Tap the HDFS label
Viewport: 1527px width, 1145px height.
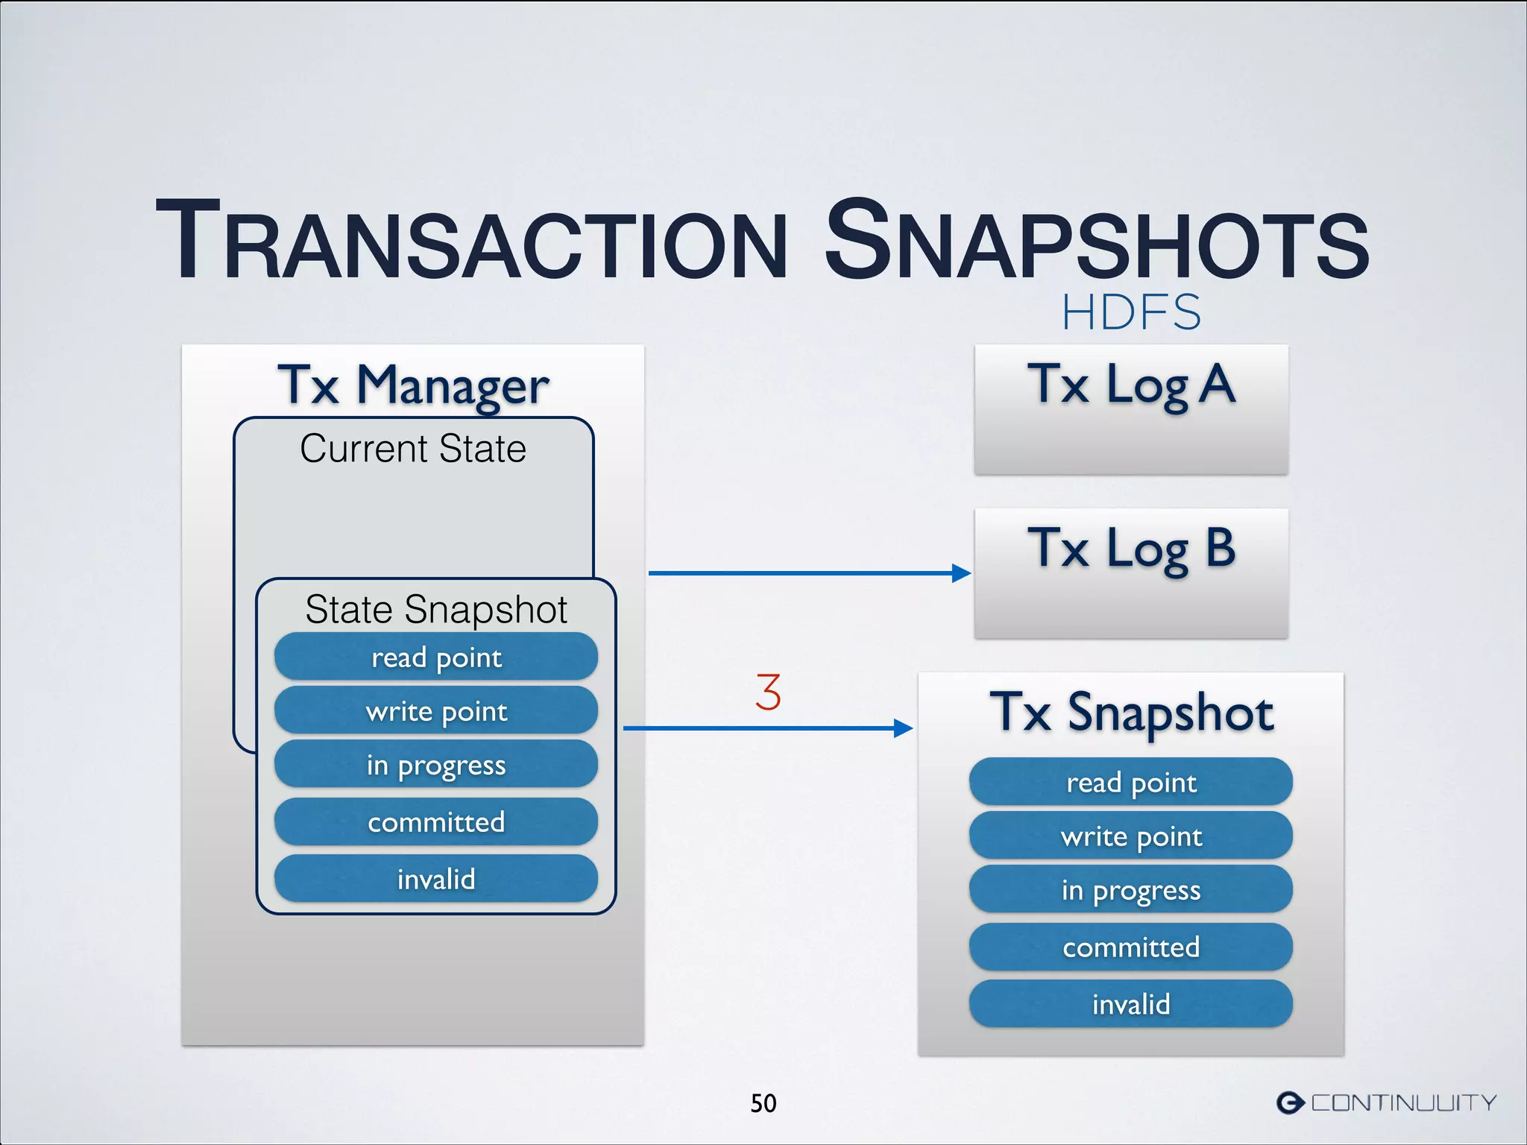pyautogui.click(x=1131, y=312)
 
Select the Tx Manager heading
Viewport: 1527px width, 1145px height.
pyautogui.click(x=413, y=385)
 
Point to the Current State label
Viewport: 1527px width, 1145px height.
pyautogui.click(x=413, y=449)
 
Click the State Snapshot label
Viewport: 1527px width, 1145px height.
pyautogui.click(x=436, y=609)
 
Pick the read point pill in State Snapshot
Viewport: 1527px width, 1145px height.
pyautogui.click(x=436, y=657)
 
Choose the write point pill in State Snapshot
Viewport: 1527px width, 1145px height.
pyautogui.click(x=436, y=710)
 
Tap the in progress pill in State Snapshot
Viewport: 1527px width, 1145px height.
pyautogui.click(x=436, y=764)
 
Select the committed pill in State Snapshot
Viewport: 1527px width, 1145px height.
pyautogui.click(x=436, y=821)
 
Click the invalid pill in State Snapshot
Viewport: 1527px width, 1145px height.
pyautogui.click(x=436, y=878)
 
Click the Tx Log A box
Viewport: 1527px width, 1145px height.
pyautogui.click(x=1131, y=409)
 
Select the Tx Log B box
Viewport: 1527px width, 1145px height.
pyautogui.click(x=1131, y=573)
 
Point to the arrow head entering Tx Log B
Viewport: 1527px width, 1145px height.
pyautogui.click(x=961, y=573)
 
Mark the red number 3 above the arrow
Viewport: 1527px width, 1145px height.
pyautogui.click(x=768, y=692)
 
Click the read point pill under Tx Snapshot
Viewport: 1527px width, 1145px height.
pyautogui.click(x=1131, y=782)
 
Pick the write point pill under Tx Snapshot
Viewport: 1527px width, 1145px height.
pyautogui.click(x=1131, y=836)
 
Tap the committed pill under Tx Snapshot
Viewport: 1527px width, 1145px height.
pyautogui.click(x=1131, y=947)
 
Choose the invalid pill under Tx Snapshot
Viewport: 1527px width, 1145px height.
pyautogui.click(x=1131, y=1003)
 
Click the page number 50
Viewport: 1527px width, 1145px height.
pyautogui.click(x=763, y=1103)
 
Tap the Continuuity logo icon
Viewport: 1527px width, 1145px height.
pyautogui.click(x=1291, y=1102)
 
